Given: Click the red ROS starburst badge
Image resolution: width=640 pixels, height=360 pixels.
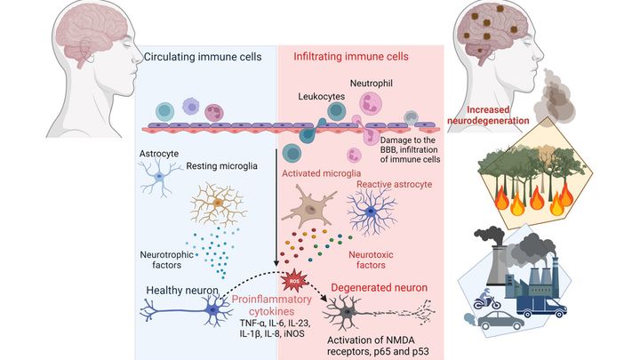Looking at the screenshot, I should click(x=292, y=283).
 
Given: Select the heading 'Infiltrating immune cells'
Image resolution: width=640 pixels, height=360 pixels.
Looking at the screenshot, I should click(x=350, y=57).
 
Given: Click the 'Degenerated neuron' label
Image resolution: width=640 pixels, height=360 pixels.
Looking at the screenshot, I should click(x=379, y=288).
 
